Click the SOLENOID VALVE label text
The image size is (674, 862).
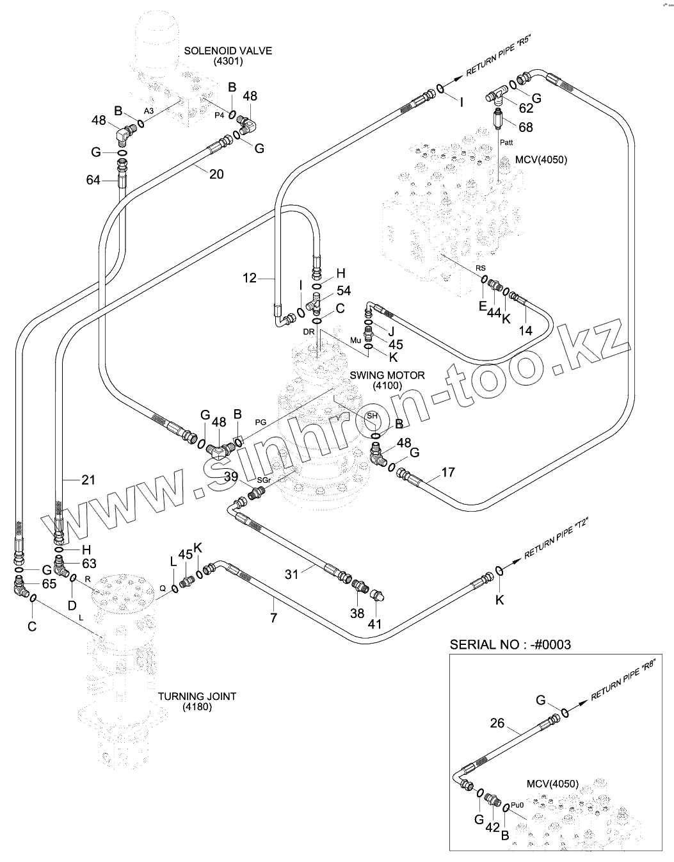click(228, 51)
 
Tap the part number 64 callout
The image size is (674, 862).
click(93, 181)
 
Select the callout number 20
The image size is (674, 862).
click(216, 174)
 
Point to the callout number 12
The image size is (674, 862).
click(250, 278)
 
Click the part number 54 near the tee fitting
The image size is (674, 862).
click(344, 291)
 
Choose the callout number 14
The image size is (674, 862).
click(525, 330)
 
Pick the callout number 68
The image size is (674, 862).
click(526, 127)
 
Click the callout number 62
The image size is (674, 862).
click(526, 108)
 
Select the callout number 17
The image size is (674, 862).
click(448, 473)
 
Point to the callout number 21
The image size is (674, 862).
click(88, 480)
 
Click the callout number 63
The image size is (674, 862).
click(88, 564)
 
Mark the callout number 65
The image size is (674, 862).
click(49, 584)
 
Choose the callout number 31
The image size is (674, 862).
click(292, 574)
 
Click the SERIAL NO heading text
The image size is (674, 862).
click(510, 644)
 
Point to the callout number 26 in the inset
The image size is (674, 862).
click(497, 724)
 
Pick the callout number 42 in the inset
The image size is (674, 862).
click(492, 827)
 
